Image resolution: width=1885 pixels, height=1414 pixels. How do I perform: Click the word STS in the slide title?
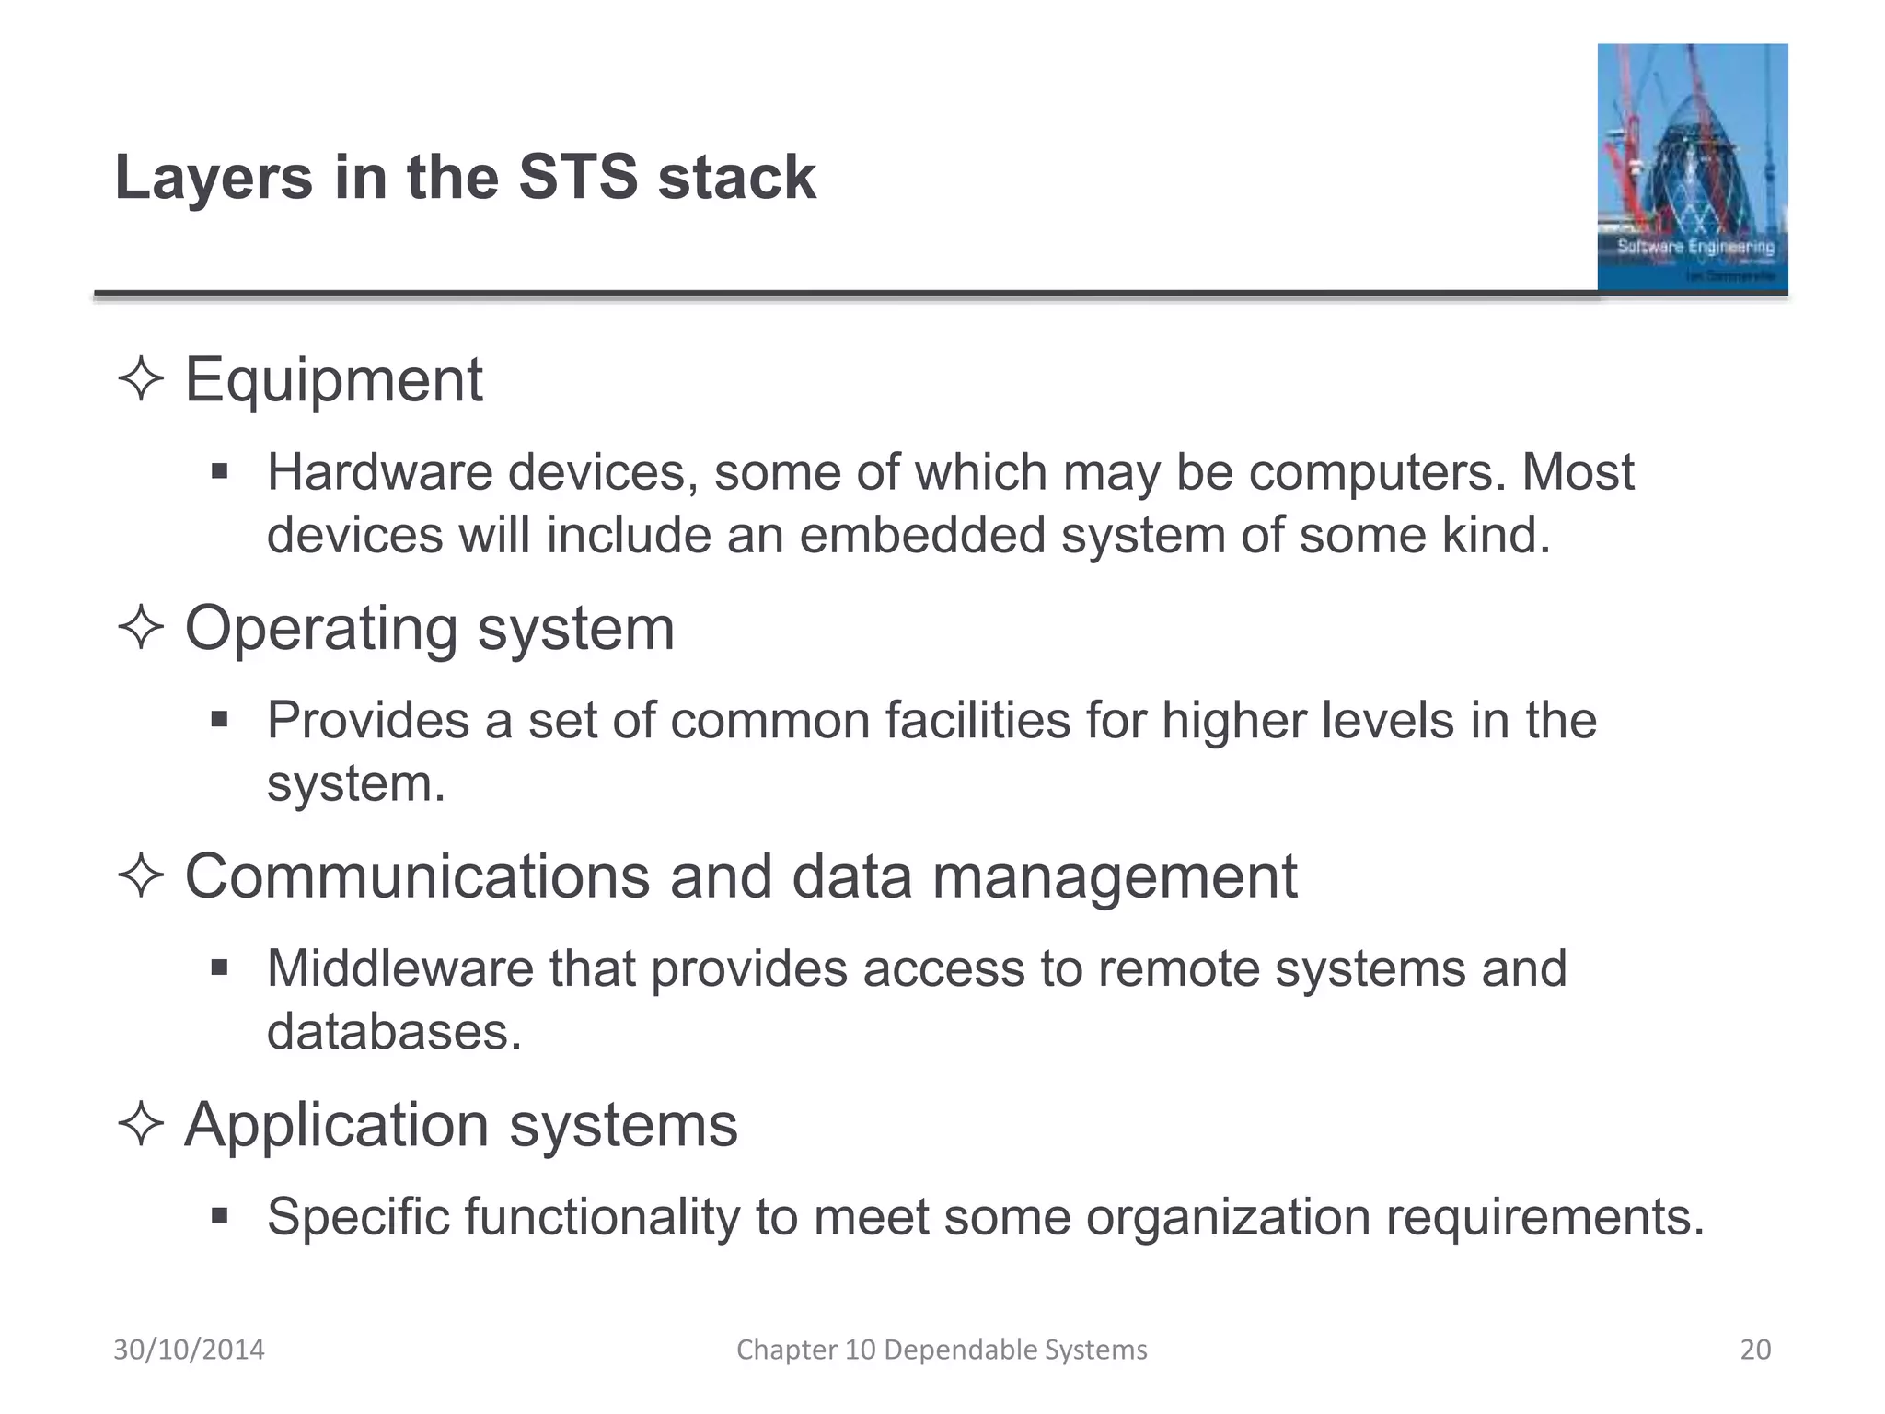coord(578,178)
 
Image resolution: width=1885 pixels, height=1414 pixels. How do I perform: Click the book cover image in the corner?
coord(1692,168)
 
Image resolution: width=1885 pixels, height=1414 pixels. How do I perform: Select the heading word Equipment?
coord(333,379)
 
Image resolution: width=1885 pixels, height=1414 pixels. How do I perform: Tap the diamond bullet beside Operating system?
coord(141,629)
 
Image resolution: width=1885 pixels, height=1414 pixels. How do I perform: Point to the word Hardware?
coord(379,472)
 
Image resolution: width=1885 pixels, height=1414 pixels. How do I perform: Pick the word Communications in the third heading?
coord(418,876)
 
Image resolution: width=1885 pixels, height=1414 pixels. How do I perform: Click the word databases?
coord(394,1032)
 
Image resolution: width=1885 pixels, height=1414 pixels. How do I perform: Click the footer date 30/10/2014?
coord(189,1350)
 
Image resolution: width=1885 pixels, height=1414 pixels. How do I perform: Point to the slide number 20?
coord(1755,1350)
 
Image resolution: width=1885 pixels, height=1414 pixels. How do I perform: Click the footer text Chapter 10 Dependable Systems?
coord(942,1350)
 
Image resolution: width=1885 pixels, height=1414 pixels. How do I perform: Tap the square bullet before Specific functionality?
coord(219,1216)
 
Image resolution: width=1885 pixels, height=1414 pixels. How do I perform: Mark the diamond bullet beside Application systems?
coord(141,1125)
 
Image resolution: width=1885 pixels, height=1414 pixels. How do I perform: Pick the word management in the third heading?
coord(1114,876)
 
